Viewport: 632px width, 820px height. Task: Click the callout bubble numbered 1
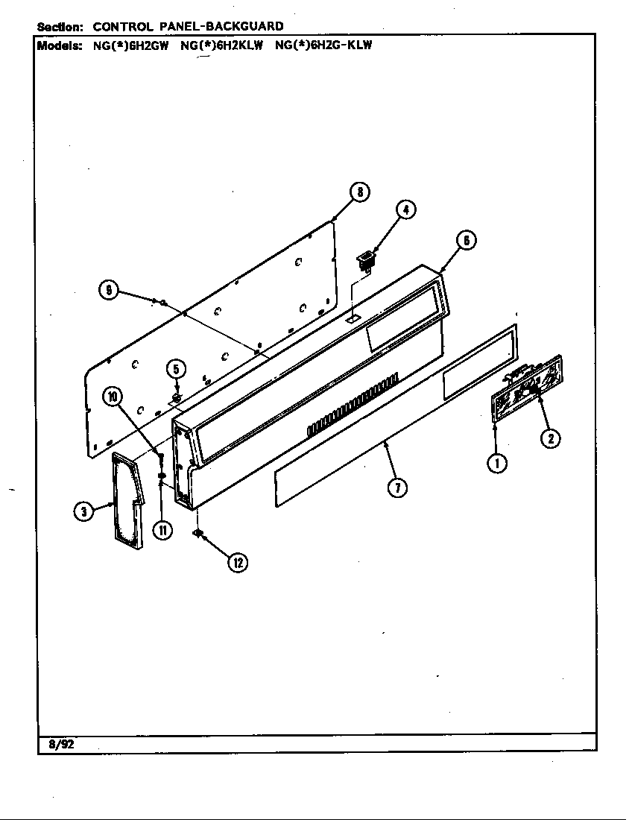497,463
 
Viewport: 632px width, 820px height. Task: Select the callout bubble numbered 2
549,438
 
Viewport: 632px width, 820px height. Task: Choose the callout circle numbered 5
175,368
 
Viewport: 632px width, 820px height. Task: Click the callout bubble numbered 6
464,240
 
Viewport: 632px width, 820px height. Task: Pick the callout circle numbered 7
397,488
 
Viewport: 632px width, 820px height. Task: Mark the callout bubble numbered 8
359,192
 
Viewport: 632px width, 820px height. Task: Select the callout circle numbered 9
109,291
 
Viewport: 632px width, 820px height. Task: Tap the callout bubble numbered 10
113,397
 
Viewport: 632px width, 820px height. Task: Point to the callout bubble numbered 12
237,563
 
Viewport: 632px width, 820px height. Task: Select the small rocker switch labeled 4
365,261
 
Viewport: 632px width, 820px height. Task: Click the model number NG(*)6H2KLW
222,44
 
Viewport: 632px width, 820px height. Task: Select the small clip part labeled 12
198,532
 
